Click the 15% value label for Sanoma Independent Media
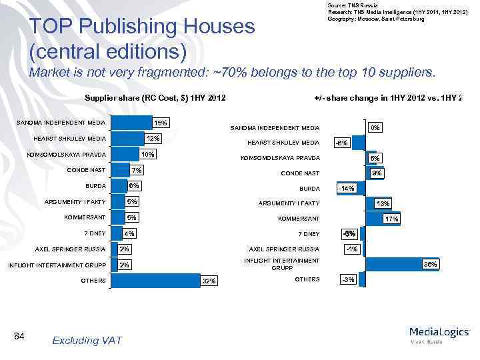coord(161,123)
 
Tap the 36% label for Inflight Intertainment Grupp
coord(431,265)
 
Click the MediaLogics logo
coord(439,333)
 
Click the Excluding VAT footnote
coord(87,341)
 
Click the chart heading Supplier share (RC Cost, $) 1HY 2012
coord(155,99)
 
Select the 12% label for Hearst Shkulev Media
coord(153,139)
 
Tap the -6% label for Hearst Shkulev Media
coord(341,143)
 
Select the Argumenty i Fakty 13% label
coord(383,204)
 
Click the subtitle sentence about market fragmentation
coord(231,73)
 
